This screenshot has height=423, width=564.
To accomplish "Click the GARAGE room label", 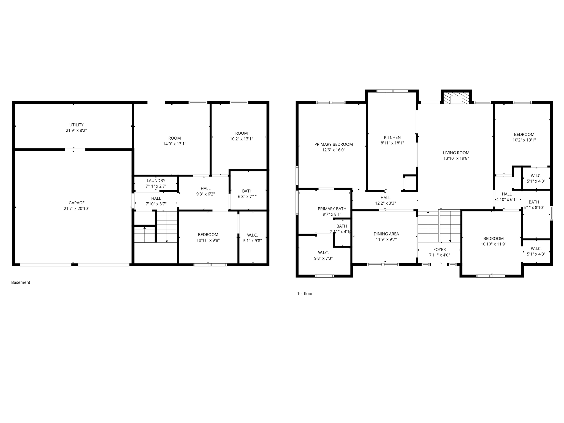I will coord(77,203).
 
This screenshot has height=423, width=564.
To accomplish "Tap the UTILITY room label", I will coord(76,125).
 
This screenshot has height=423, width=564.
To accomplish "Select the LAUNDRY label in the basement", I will coord(156,181).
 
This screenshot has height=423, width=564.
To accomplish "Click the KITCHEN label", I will coord(392,137).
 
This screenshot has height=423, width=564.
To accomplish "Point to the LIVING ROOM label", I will coord(456,153).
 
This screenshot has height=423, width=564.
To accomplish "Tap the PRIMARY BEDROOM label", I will coord(333,144).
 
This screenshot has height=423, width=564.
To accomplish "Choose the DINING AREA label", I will coord(386,234).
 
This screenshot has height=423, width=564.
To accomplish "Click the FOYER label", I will coord(440,250).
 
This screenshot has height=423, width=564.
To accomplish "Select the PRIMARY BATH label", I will coord(332,209).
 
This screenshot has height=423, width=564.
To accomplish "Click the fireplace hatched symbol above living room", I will coord(456,98).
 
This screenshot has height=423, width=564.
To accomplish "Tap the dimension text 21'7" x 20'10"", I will coord(77,208).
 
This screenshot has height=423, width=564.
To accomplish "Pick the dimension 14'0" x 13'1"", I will coord(175,144).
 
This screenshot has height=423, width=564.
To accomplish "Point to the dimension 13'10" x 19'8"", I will coord(456,158).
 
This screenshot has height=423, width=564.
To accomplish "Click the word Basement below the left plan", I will coord(21,282).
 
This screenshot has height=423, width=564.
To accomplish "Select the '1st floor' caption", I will coord(305,294).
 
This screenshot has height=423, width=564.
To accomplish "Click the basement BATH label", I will coord(247,191).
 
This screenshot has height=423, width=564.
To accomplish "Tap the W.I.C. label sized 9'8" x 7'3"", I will coord(323,253).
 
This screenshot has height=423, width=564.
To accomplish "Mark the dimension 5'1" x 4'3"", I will coord(536,254).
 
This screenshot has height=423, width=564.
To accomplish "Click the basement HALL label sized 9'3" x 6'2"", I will coord(205,188).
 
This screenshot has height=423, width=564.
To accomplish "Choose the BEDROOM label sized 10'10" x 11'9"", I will coord(493,238).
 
